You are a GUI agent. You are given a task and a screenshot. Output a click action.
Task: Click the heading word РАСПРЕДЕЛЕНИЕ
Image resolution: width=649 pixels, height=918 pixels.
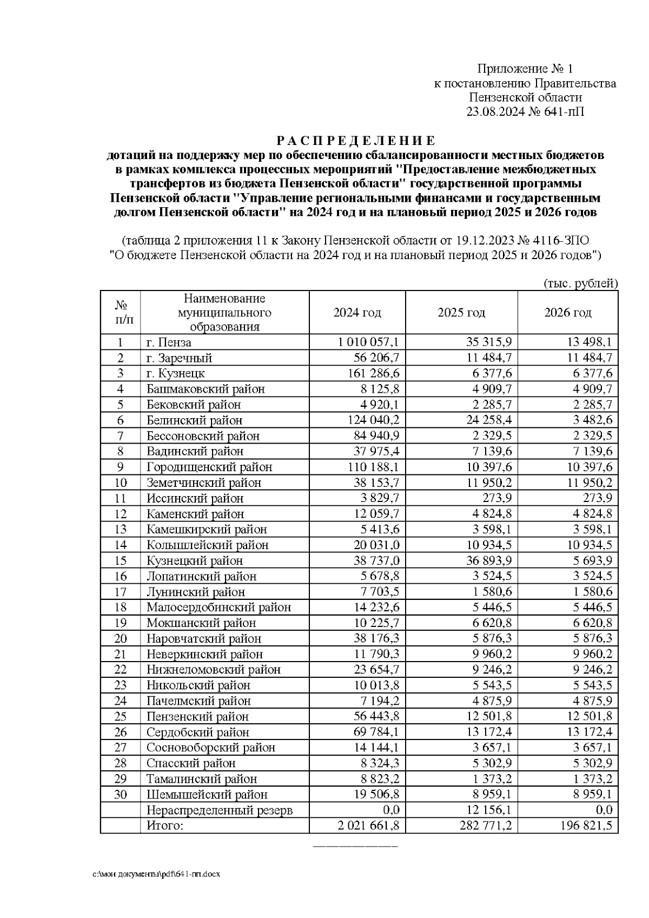(355, 141)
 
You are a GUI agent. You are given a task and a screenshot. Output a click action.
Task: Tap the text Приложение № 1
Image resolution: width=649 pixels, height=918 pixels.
(525, 69)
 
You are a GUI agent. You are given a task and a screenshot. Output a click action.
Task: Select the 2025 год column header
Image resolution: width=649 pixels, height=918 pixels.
(461, 313)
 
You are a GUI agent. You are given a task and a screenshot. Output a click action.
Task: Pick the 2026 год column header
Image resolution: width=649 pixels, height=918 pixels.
(567, 313)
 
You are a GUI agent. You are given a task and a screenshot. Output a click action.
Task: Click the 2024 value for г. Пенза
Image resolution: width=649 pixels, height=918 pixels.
(368, 342)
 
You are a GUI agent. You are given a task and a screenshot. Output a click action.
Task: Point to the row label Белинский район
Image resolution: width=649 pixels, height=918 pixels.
(194, 420)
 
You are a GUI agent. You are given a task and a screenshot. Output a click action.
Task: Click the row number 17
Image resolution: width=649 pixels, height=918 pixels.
(120, 592)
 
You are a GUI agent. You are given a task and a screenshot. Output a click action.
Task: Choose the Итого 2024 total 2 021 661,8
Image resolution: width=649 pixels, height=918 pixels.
(368, 825)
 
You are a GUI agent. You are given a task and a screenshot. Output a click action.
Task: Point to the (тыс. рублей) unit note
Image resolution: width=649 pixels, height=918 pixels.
(579, 283)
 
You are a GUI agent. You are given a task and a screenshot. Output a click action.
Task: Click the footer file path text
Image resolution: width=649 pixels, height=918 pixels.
(157, 874)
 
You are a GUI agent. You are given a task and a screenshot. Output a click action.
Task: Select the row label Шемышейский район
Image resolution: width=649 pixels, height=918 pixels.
(207, 795)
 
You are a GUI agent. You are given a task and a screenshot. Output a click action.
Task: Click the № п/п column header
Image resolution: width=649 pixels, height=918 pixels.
(120, 313)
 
